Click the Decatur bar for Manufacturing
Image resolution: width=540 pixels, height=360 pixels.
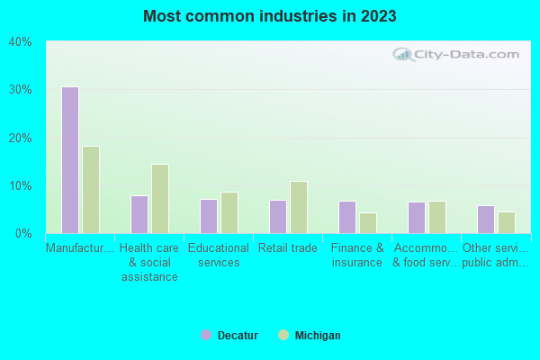69,160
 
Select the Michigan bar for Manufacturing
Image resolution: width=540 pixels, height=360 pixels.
91,190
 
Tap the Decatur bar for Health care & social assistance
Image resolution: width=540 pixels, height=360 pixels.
139,214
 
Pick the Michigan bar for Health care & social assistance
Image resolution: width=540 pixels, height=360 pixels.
160,199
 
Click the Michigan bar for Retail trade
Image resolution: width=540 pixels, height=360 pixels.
299,207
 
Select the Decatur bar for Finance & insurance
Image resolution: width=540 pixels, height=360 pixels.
347,217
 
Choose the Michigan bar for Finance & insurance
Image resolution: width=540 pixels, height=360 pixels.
368,222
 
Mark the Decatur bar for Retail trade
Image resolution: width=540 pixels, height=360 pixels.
278,216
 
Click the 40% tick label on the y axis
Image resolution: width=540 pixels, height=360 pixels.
21,42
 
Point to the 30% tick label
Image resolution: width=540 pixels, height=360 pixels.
21,90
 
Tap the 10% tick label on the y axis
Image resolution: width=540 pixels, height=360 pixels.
21,186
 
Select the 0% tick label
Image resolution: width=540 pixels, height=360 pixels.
23,234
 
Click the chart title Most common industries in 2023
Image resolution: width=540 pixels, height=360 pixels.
270,16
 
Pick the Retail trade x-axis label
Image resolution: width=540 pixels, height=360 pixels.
288,248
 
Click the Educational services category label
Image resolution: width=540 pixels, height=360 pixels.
219,256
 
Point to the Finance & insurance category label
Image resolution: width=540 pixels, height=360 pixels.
357,256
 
